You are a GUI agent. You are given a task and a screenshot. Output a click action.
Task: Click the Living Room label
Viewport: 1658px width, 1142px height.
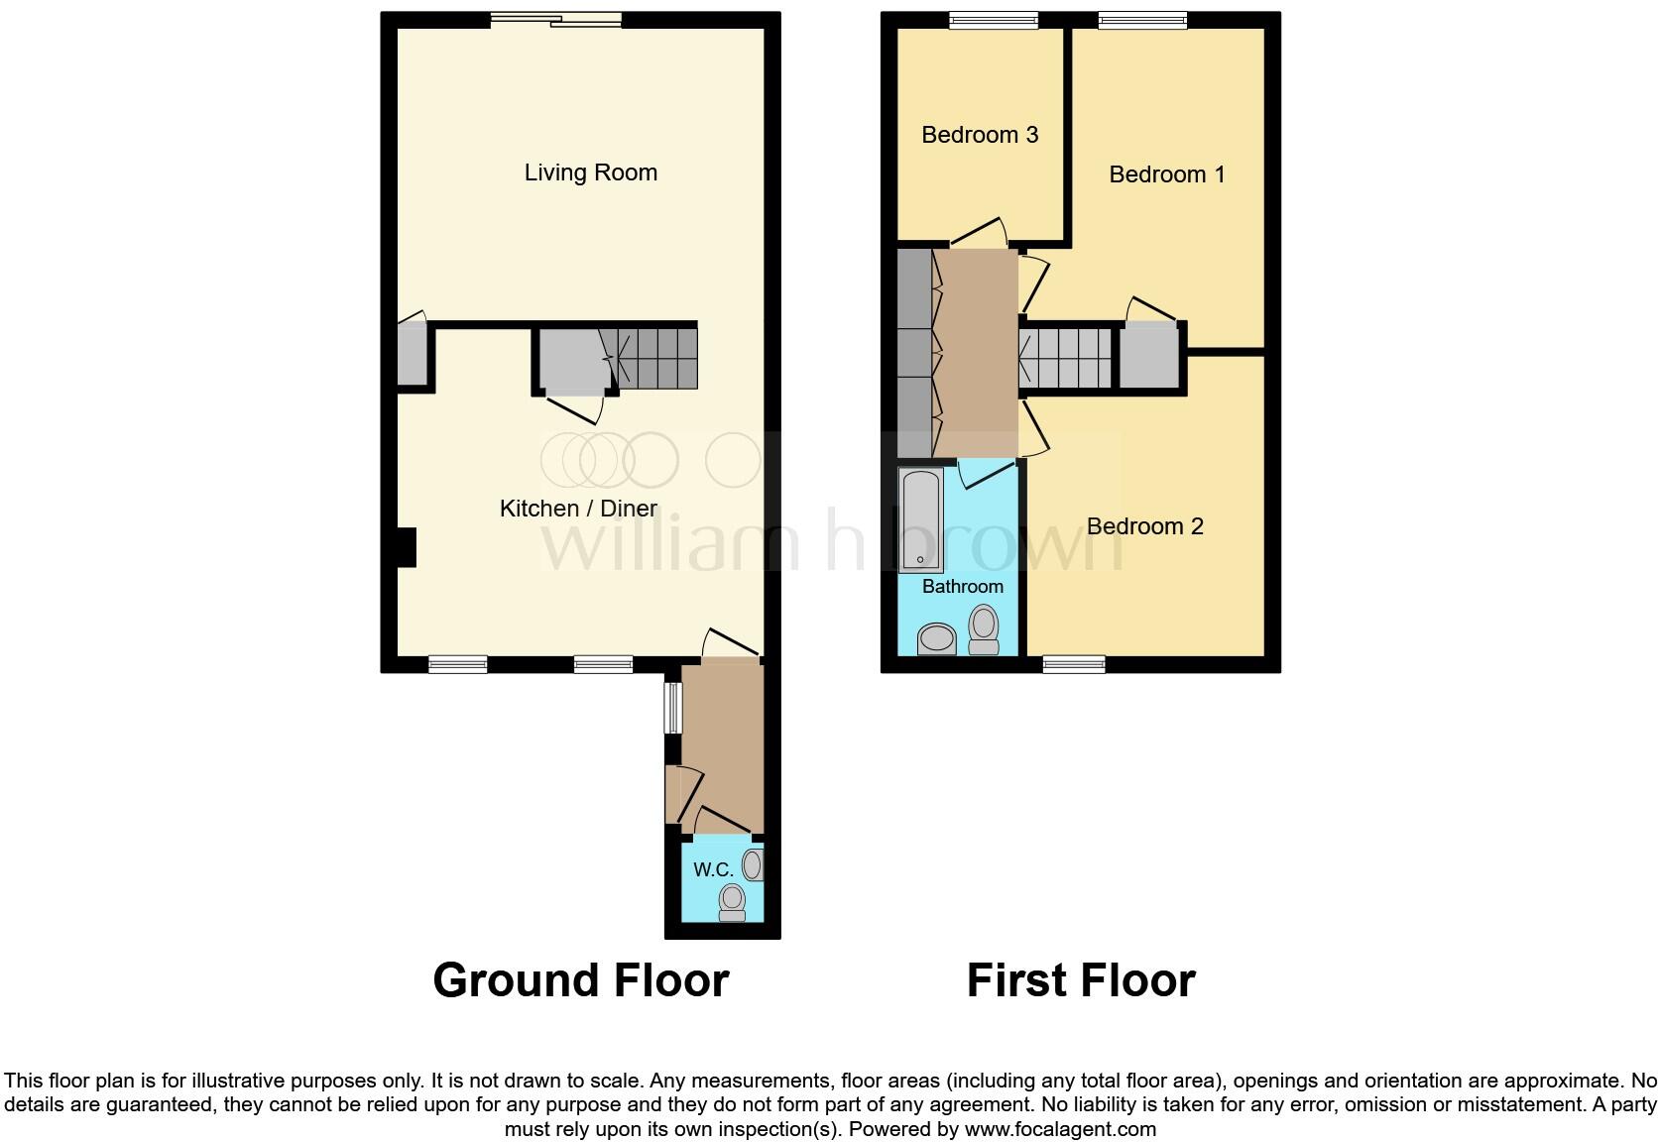[x=590, y=172]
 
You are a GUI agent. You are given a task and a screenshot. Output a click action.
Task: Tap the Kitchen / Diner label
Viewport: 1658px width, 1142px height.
[x=578, y=509]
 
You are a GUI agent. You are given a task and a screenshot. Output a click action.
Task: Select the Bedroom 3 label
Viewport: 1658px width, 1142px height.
[x=979, y=135]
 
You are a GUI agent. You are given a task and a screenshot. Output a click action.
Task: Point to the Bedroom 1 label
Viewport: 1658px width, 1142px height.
[x=1166, y=174]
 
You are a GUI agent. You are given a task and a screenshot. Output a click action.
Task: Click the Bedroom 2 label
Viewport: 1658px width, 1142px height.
[x=1144, y=526]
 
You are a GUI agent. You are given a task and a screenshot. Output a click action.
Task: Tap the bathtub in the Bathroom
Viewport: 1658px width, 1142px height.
[x=920, y=520]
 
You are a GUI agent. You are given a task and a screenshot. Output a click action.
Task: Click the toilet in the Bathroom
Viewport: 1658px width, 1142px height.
[x=984, y=630]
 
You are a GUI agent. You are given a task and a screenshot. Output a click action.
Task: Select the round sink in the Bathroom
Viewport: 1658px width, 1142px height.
[x=936, y=638]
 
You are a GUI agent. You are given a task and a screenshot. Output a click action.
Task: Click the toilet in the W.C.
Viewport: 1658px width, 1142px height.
[x=732, y=901]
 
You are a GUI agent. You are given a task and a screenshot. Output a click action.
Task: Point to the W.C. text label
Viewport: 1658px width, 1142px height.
[x=713, y=870]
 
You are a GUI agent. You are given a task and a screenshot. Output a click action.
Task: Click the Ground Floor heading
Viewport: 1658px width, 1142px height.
[x=580, y=980]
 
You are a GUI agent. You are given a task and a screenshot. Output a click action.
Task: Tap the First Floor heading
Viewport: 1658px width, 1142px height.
[x=1080, y=980]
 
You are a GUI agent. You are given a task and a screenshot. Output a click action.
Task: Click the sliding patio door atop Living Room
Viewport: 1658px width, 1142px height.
[x=556, y=20]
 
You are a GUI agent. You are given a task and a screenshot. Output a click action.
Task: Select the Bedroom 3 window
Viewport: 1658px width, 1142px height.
[x=993, y=20]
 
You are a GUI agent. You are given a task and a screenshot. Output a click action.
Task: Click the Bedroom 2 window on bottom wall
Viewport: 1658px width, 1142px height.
[x=1074, y=664]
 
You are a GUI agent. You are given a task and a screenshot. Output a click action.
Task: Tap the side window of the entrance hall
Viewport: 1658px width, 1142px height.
[x=672, y=707]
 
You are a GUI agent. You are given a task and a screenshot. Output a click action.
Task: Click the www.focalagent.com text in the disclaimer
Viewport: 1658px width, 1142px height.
[x=1060, y=1128]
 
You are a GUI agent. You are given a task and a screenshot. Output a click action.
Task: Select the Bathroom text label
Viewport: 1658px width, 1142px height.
[x=962, y=587]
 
